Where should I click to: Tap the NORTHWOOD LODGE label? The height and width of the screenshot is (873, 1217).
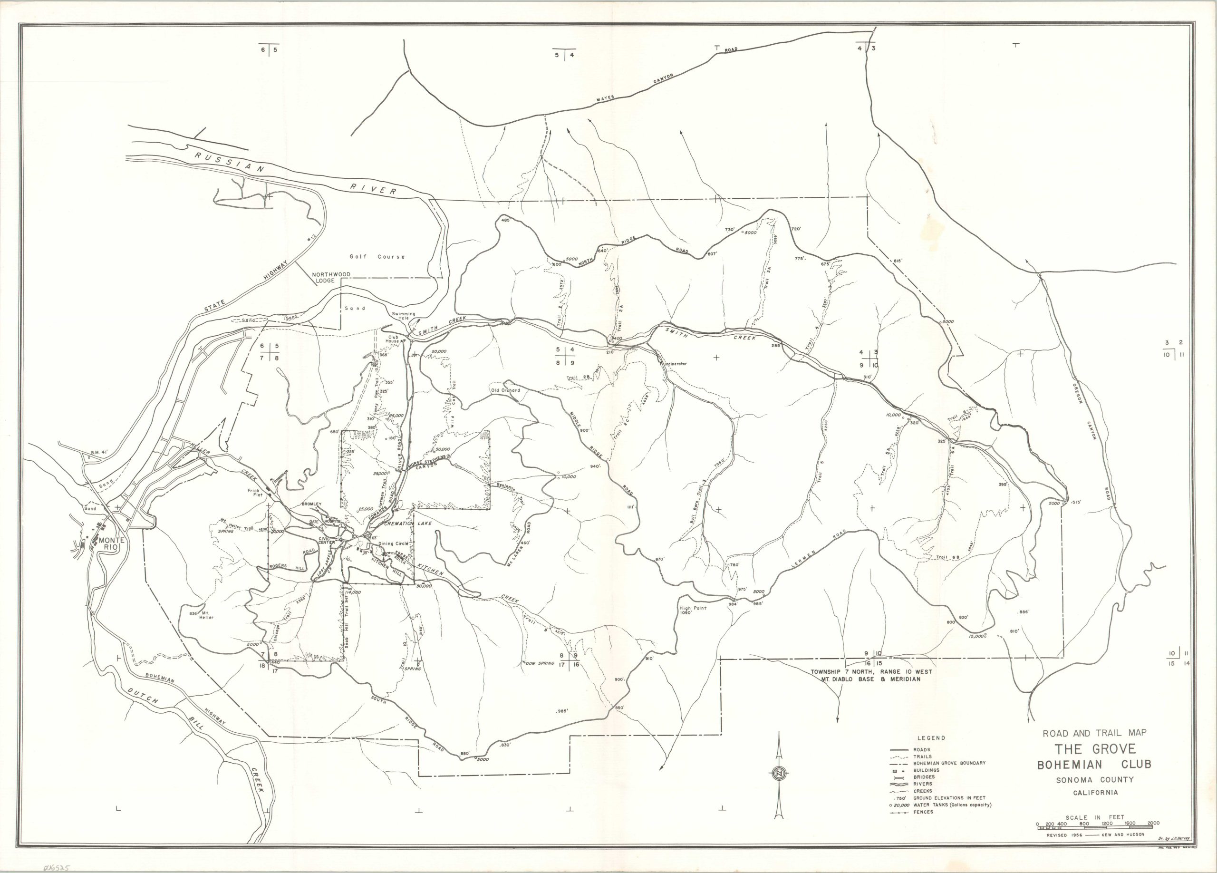pyautogui.click(x=330, y=277)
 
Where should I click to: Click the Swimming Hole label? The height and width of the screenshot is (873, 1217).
pyautogui.click(x=404, y=316)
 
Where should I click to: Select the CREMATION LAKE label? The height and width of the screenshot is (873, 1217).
pyautogui.click(x=408, y=523)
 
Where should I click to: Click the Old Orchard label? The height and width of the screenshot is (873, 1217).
pyautogui.click(x=505, y=391)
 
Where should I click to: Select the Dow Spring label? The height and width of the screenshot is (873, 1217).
pyautogui.click(x=539, y=663)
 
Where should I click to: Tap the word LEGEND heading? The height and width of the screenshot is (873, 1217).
pyautogui.click(x=932, y=738)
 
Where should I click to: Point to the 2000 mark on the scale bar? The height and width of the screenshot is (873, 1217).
pyautogui.click(x=1153, y=823)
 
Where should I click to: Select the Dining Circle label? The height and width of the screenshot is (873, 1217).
pyautogui.click(x=393, y=543)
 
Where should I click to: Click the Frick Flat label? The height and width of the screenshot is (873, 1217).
pyautogui.click(x=254, y=493)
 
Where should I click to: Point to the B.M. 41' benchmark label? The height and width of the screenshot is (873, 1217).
pyautogui.click(x=100, y=452)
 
